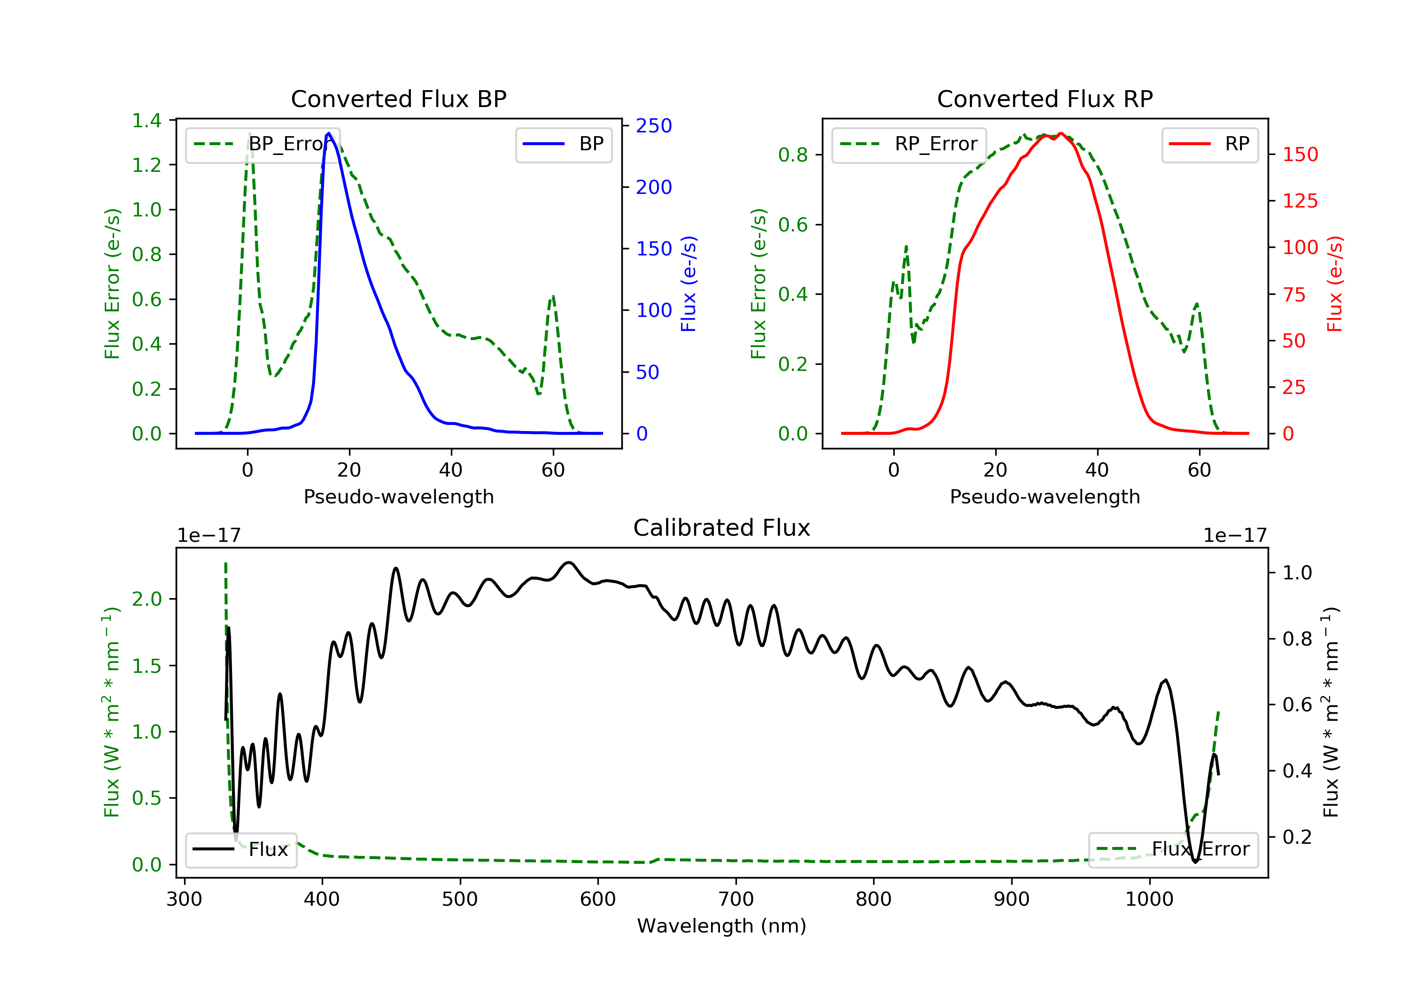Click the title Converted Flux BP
pos(398,99)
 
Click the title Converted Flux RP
pos(1045,99)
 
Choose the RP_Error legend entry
pos(908,144)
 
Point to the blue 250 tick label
pos(654,126)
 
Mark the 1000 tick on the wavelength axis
pos(1149,900)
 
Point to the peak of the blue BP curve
pos(329,133)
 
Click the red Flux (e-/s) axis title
pos(1334,284)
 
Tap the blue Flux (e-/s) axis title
pos(688,284)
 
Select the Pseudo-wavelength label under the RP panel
pos(1045,496)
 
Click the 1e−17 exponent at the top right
pos(1235,536)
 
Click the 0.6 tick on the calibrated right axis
pos(1297,704)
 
